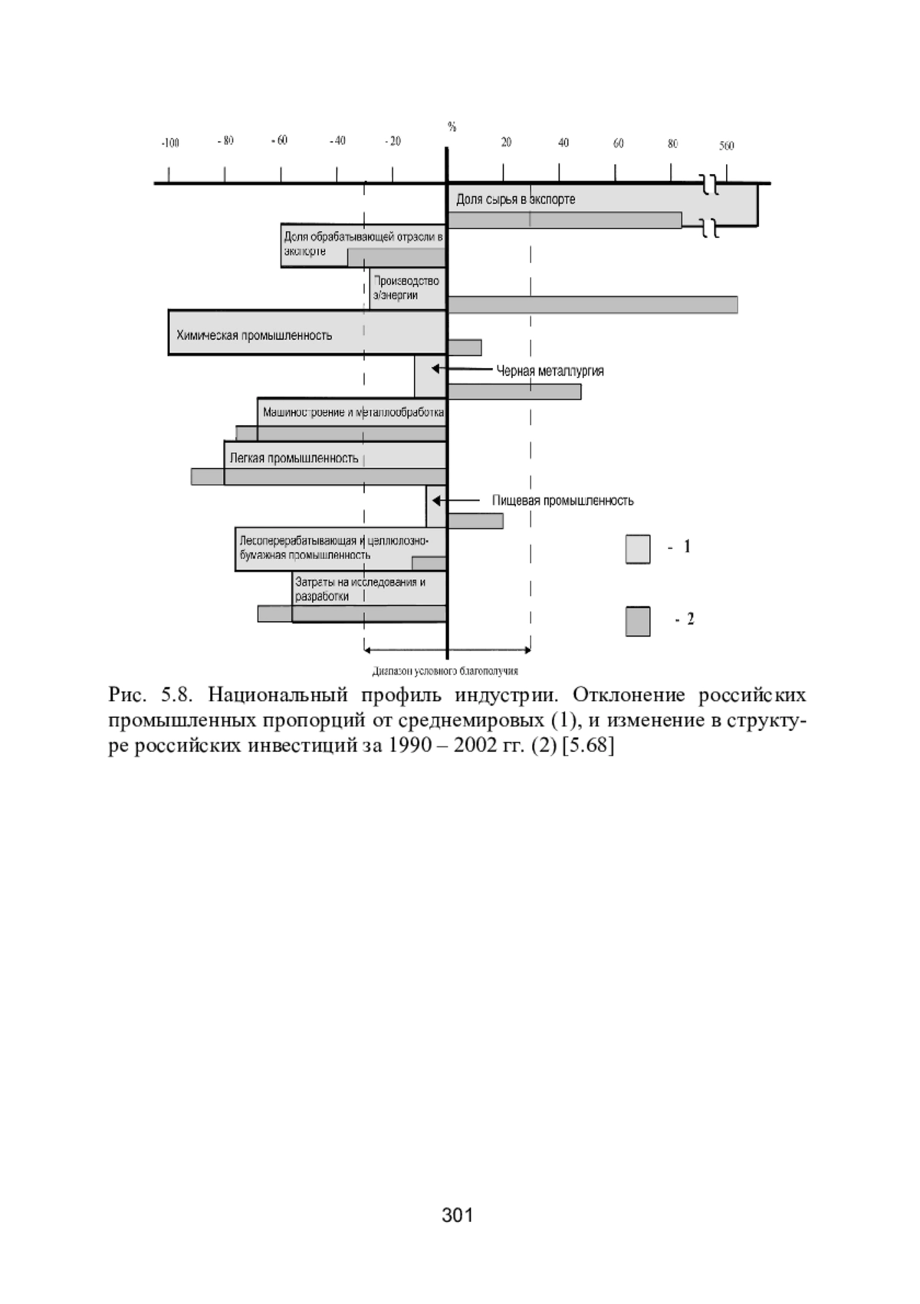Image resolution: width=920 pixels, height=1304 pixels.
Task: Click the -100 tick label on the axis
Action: point(170,143)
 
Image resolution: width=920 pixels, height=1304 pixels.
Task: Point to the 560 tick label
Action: point(726,146)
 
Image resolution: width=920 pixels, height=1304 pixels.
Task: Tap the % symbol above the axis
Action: point(452,127)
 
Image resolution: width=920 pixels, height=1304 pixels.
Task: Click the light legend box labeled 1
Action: point(638,548)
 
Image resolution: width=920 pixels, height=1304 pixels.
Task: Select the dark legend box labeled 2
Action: point(638,621)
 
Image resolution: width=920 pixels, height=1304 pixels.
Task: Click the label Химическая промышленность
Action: point(254,335)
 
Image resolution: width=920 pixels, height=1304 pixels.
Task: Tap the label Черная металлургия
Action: point(550,371)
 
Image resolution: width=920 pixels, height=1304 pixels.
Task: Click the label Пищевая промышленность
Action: point(563,501)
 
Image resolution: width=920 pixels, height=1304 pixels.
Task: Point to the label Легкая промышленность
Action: point(294,459)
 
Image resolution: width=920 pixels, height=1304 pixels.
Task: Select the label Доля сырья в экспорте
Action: point(515,199)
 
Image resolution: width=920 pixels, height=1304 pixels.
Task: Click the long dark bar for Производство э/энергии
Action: point(592,305)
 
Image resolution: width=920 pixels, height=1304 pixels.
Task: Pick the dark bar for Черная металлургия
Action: point(514,391)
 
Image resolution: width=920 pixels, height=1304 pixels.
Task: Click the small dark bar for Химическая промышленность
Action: point(465,347)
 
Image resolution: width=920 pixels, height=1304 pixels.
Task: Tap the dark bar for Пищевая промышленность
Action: point(475,521)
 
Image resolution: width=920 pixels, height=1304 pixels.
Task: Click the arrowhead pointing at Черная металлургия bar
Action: point(435,369)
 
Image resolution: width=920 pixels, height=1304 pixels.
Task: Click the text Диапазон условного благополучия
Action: point(445,671)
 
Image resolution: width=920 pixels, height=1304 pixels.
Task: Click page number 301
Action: point(458,1215)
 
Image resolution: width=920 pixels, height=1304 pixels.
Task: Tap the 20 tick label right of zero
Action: point(506,143)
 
